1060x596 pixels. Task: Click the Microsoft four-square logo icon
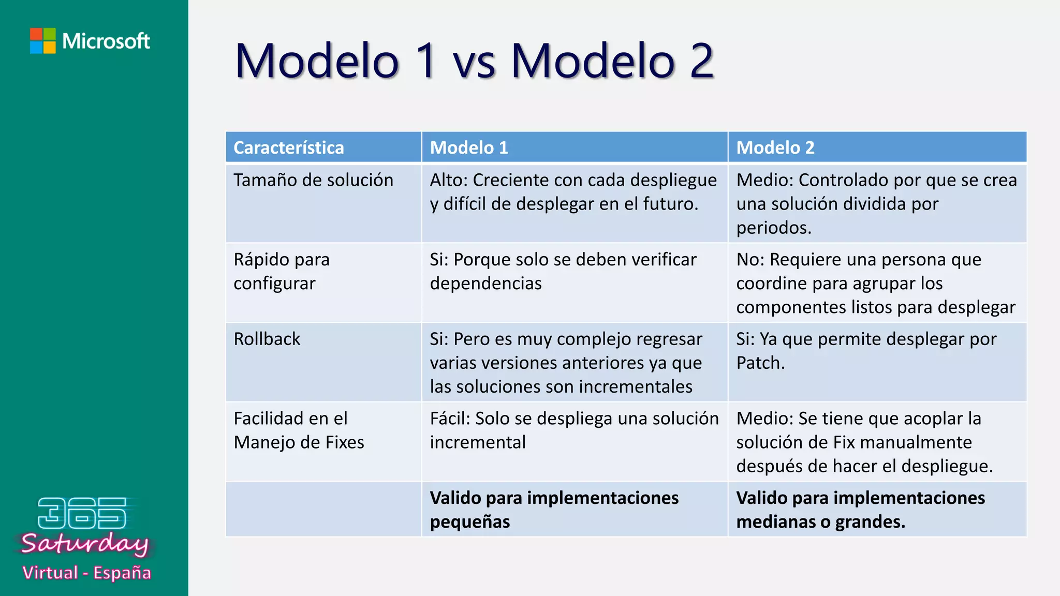(x=42, y=41)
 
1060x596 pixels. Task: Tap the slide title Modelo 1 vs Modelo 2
(x=474, y=61)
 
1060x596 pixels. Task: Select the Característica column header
(x=288, y=148)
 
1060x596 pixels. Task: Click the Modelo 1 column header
(x=469, y=148)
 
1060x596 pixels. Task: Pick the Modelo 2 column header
(x=775, y=148)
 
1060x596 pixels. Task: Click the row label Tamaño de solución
(x=313, y=180)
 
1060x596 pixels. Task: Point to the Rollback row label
(x=267, y=339)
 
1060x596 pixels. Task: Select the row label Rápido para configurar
(x=282, y=271)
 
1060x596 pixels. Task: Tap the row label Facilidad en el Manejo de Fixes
(x=299, y=430)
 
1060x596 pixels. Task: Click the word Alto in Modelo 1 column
(x=448, y=180)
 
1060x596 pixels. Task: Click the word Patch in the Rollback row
(x=759, y=363)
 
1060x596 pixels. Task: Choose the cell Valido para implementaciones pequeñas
(x=554, y=510)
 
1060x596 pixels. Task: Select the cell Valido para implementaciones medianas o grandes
(x=860, y=510)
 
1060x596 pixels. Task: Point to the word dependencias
(x=485, y=284)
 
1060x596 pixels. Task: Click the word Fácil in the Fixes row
(x=449, y=419)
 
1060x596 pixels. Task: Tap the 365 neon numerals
(x=82, y=513)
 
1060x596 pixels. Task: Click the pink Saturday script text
(x=85, y=544)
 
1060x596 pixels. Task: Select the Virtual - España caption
(x=86, y=573)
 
